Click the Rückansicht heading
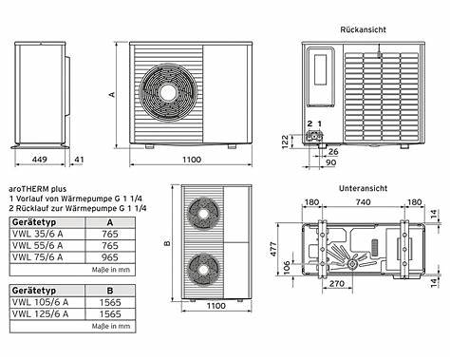tap(363, 29)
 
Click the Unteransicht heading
tap(363, 188)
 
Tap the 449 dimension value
tap(39, 160)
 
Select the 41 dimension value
tap(78, 160)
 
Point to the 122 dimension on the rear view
tap(285, 142)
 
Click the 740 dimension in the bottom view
tap(363, 202)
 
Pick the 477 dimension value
tap(273, 249)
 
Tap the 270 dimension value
tap(337, 283)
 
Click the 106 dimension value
tap(287, 268)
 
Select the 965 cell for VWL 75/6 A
tap(110, 257)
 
